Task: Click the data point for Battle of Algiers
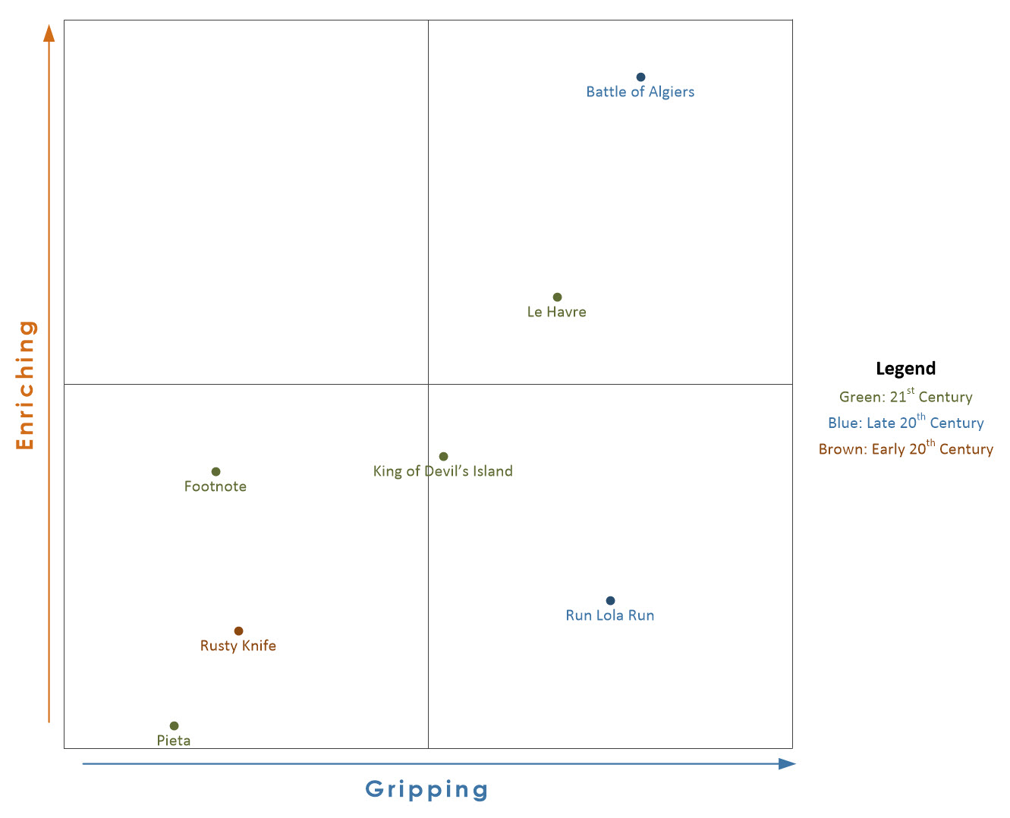pyautogui.click(x=640, y=77)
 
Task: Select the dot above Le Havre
pyautogui.click(x=557, y=297)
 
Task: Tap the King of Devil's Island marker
pyautogui.click(x=443, y=457)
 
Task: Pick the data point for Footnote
pyautogui.click(x=216, y=472)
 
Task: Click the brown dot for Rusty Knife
pyautogui.click(x=238, y=631)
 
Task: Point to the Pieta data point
pyautogui.click(x=174, y=726)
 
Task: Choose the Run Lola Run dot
pyautogui.click(x=610, y=601)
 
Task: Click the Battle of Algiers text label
pyautogui.click(x=640, y=93)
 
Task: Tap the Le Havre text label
pyautogui.click(x=556, y=313)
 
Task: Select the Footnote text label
pyautogui.click(x=216, y=487)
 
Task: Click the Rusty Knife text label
pyautogui.click(x=238, y=647)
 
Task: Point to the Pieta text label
pyautogui.click(x=174, y=741)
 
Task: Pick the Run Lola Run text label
pyautogui.click(x=609, y=616)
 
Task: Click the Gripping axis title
pyautogui.click(x=426, y=790)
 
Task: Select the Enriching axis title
pyautogui.click(x=26, y=385)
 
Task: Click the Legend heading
pyautogui.click(x=905, y=369)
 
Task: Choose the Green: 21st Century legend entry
pyautogui.click(x=905, y=397)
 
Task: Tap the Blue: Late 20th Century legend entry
pyautogui.click(x=905, y=423)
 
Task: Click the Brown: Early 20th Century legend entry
pyautogui.click(x=905, y=449)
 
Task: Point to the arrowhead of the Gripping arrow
pyautogui.click(x=788, y=764)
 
